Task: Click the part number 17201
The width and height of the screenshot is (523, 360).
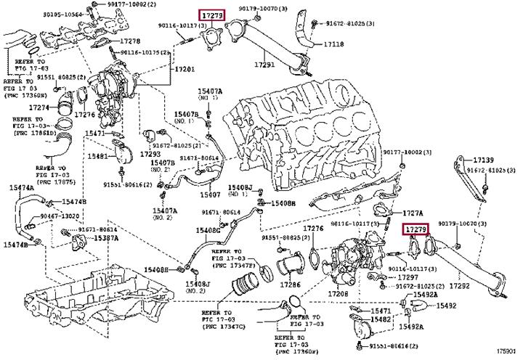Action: (x=184, y=68)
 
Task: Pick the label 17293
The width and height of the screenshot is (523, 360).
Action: (x=150, y=154)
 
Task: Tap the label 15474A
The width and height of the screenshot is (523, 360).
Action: (x=21, y=188)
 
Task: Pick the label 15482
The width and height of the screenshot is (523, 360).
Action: (x=381, y=319)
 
